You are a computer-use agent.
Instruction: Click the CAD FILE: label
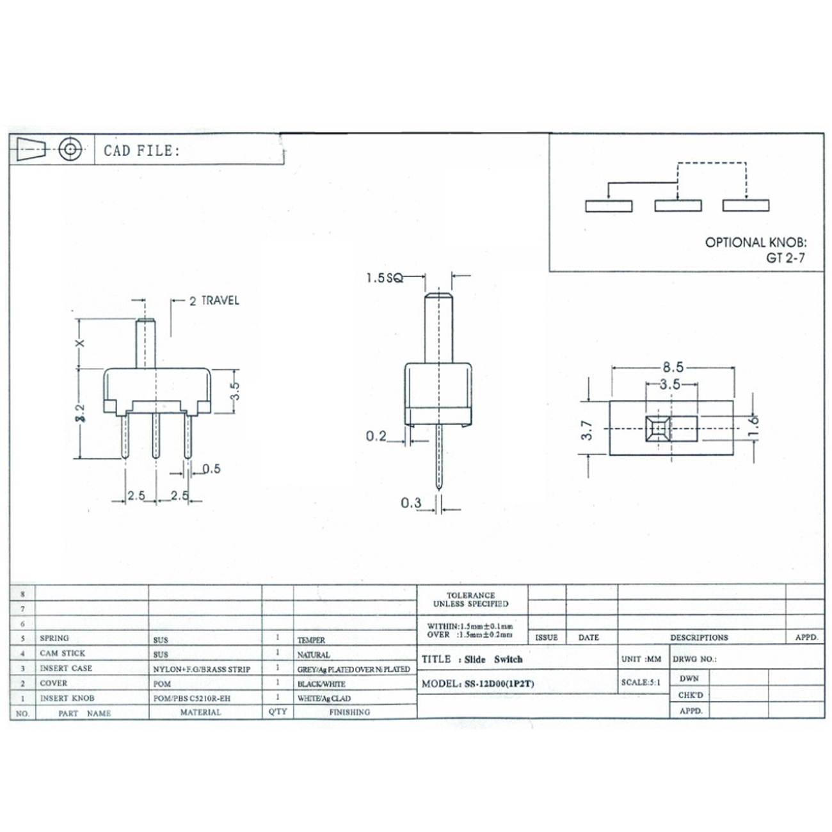point(141,151)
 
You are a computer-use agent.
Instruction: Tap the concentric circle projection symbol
point(71,150)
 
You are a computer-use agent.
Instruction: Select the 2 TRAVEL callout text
point(214,300)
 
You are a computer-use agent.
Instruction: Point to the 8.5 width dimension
point(673,367)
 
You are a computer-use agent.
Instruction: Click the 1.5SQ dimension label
point(385,278)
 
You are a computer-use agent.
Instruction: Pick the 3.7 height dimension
point(588,429)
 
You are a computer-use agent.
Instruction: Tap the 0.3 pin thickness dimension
point(412,503)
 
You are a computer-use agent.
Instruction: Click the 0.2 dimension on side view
point(376,436)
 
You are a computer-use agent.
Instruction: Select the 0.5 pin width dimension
point(211,469)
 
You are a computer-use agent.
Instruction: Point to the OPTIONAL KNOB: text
point(756,243)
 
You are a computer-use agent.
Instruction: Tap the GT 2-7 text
point(786,259)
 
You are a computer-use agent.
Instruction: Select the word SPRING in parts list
point(54,638)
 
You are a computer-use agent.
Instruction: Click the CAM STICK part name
point(62,653)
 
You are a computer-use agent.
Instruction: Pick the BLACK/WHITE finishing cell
point(321,684)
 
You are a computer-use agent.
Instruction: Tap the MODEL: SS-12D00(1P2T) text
point(477,684)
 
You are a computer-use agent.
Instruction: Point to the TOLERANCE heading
point(470,595)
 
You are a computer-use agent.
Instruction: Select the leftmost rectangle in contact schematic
point(609,206)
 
